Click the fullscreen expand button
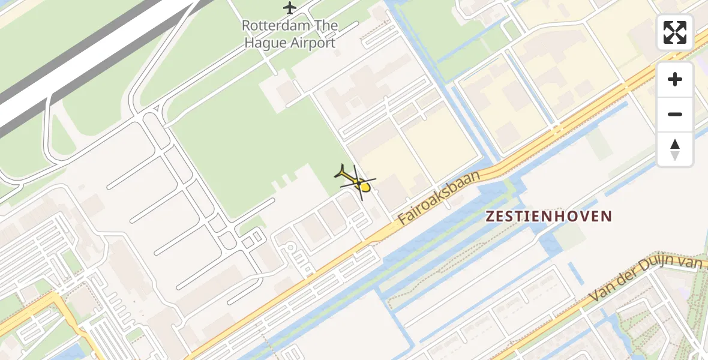(675, 32)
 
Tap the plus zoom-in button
(675, 79)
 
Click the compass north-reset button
(675, 149)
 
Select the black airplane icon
(290, 8)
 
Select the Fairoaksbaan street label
(440, 197)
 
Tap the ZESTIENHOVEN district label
(549, 217)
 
